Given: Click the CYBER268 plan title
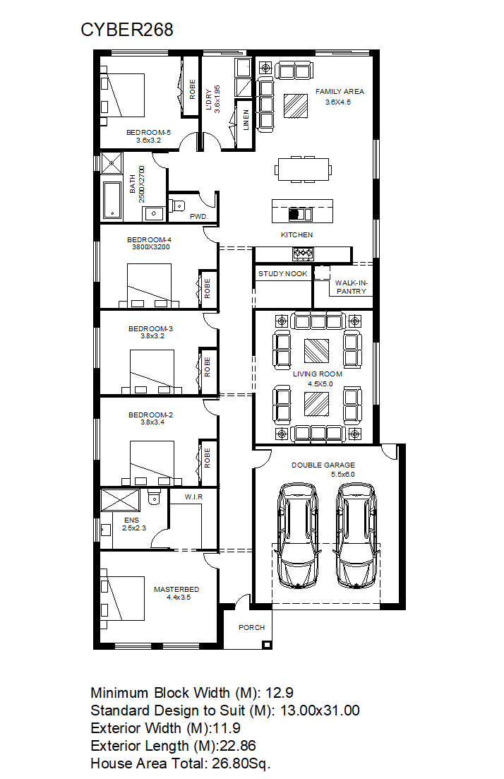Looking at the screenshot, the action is coord(126,30).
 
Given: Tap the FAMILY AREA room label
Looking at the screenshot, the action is coord(340,91).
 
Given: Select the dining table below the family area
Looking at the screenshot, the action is coord(304,170).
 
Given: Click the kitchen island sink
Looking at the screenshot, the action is coord(301,214).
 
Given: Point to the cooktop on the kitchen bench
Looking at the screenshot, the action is coord(303,254).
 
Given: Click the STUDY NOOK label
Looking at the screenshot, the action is coord(282,274).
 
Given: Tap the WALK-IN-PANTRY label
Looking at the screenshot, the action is coord(351,287).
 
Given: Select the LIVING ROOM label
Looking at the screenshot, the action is coord(318,374).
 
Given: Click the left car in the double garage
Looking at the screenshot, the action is coord(298,536).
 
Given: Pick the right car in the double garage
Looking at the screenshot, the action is coord(356,536).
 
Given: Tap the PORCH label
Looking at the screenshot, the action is coord(252,627).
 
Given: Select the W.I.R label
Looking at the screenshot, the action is coord(193,496).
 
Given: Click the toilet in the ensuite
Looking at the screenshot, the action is coord(155,496).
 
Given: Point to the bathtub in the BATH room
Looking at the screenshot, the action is coord(112,200).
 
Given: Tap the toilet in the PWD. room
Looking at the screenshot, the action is coord(177,205).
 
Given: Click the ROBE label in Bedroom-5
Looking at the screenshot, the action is coord(192,90).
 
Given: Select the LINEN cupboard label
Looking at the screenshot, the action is coord(246,120).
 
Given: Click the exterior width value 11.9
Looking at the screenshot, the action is coord(227,728).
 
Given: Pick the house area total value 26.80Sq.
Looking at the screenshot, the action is coord(241,763).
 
